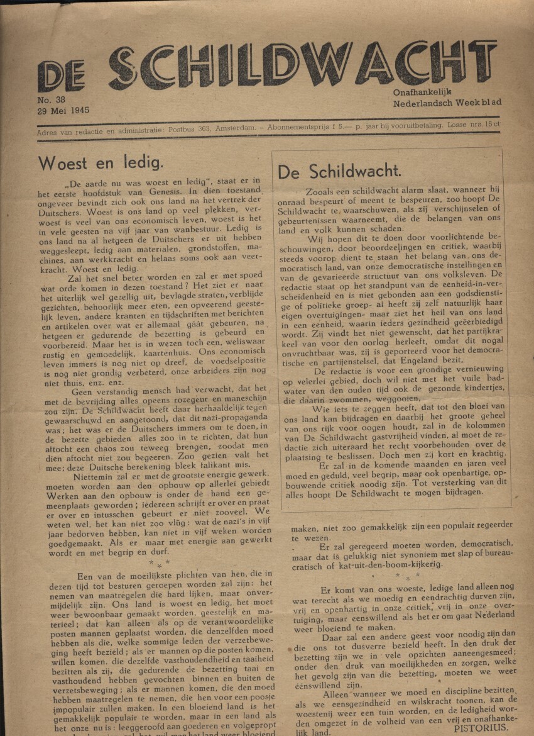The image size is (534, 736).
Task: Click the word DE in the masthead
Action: tap(60, 76)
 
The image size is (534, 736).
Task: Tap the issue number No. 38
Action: tap(52, 99)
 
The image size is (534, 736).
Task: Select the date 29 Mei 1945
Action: tap(63, 110)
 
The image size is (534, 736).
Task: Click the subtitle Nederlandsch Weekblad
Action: tap(447, 103)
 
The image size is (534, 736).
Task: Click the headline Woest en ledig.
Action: tap(101, 163)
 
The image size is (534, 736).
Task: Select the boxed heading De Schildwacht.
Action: tap(339, 171)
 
